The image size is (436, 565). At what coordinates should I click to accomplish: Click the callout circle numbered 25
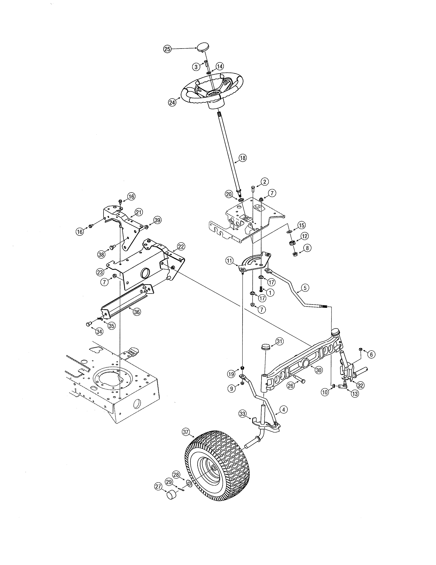[167, 49]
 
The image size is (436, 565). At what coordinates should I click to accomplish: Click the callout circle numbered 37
[186, 432]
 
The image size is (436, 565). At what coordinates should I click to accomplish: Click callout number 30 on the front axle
[319, 370]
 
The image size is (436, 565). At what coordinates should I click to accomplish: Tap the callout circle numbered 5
[305, 288]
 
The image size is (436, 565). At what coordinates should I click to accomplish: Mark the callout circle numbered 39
[157, 220]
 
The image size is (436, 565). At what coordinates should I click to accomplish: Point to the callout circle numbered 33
[242, 414]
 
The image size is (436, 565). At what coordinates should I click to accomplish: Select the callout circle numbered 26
[290, 386]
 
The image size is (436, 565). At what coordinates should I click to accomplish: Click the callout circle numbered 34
[99, 331]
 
